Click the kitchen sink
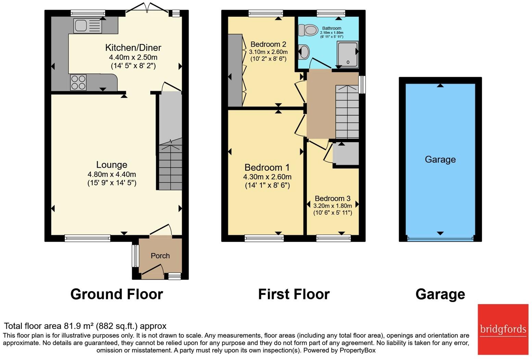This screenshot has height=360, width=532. pyautogui.click(x=88, y=26)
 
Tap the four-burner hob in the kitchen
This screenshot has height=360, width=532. pyautogui.click(x=78, y=82)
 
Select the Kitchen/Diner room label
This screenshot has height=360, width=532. pyautogui.click(x=133, y=48)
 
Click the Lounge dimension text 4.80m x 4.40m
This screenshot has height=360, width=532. pyautogui.click(x=112, y=174)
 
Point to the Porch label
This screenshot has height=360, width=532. pyautogui.click(x=160, y=256)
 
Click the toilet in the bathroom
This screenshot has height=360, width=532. pyautogui.click(x=308, y=30)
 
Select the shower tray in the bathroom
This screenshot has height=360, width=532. pyautogui.click(x=348, y=55)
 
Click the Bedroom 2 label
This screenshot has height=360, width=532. pyautogui.click(x=268, y=44)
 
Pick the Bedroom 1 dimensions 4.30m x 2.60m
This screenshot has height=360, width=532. pyautogui.click(x=267, y=177)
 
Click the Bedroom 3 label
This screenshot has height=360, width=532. pyautogui.click(x=333, y=198)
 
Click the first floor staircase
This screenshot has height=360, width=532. pyautogui.click(x=347, y=112)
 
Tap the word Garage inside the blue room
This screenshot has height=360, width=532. pyautogui.click(x=440, y=159)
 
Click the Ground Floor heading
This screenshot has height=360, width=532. pyautogui.click(x=116, y=294)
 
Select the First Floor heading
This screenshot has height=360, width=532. pyautogui.click(x=294, y=294)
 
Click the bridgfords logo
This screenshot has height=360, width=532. pyautogui.click(x=503, y=329)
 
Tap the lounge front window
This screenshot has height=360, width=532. pyautogui.click(x=88, y=238)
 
